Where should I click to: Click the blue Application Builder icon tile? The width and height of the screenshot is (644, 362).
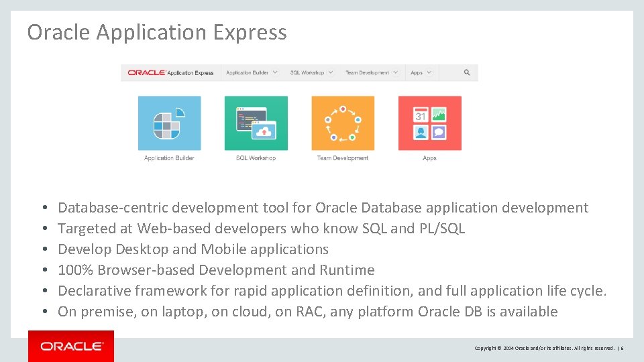coord(169,123)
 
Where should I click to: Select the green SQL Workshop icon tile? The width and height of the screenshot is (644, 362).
coord(256,123)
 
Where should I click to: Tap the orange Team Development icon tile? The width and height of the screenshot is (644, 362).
coord(343,123)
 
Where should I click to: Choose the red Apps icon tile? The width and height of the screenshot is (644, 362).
coord(429,123)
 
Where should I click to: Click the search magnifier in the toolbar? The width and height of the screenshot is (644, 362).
coord(467,72)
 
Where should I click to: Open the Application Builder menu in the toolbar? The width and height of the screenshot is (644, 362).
coord(252,72)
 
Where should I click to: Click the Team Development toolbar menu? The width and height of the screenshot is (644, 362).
coord(372,72)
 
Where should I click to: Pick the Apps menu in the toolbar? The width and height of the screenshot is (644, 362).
coord(421,72)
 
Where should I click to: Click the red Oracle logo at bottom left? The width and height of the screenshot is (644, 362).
coord(71,346)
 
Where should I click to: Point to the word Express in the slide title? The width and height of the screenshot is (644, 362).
coord(256,32)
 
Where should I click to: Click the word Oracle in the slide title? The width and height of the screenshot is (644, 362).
coord(59,32)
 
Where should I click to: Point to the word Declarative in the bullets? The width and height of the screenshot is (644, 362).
coord(94,291)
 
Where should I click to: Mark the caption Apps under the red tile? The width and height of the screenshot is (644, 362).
coord(429,158)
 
